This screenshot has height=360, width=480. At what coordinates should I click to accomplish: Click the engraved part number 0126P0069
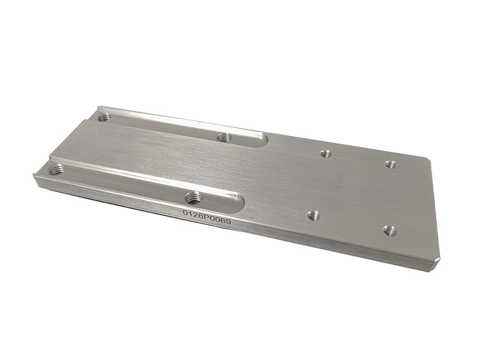click(x=206, y=217)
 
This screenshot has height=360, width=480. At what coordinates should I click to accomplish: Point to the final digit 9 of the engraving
click(x=228, y=221)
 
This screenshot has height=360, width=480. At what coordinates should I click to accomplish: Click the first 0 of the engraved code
click(x=185, y=213)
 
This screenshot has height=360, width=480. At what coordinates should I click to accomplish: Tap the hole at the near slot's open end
click(x=57, y=169)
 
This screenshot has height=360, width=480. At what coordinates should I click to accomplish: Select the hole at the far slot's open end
click(x=104, y=116)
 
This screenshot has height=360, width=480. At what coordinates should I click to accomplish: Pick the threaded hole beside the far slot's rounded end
click(x=224, y=137)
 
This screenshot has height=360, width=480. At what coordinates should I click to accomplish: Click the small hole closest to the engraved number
click(x=313, y=216)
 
